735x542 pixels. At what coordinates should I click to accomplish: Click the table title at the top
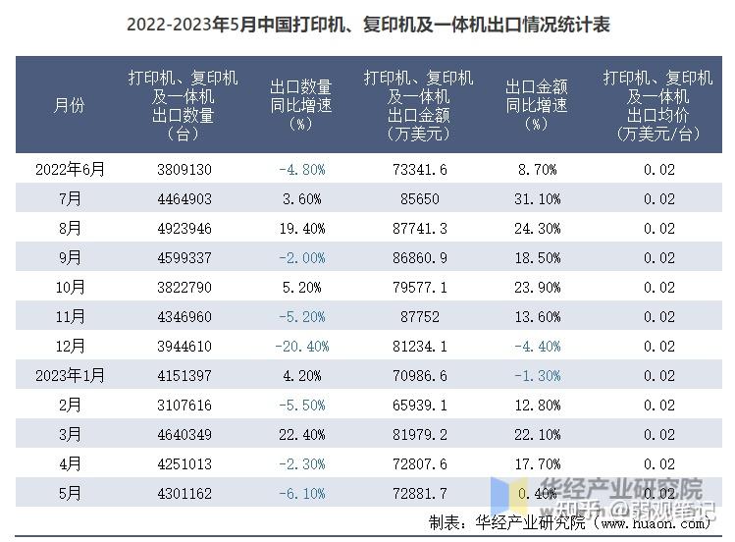point(367,24)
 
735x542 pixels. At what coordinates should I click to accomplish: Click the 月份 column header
point(69,105)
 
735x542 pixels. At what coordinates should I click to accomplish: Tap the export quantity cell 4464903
point(184,198)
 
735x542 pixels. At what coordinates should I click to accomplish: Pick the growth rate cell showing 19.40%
point(301,228)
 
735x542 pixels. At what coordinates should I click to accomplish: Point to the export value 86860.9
point(418,257)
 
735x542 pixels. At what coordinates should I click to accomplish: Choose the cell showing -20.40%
point(301,346)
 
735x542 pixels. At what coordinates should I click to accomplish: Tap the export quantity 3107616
point(184,405)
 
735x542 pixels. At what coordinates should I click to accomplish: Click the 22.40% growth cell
point(301,434)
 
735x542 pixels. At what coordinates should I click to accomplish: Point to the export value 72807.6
point(418,463)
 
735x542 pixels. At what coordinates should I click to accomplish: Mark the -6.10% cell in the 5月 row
point(301,493)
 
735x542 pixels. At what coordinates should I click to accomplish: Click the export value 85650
point(418,198)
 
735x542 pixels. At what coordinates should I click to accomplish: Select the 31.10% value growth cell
point(537,198)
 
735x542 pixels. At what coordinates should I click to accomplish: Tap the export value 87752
point(418,316)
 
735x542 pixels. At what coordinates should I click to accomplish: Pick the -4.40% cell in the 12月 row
point(537,346)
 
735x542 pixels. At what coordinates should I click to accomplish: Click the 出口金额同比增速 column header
point(537,105)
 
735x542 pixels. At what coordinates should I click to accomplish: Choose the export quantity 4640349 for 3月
point(184,434)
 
